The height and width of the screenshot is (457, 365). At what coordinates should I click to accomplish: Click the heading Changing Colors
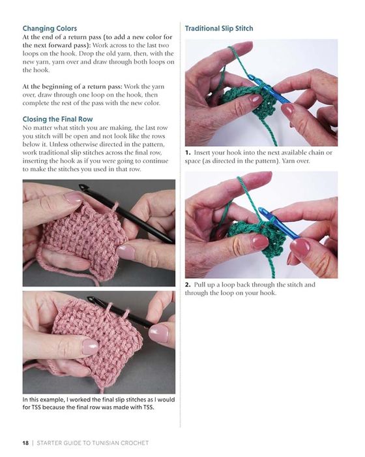click(50, 28)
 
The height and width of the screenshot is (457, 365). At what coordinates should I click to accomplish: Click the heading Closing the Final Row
click(57, 119)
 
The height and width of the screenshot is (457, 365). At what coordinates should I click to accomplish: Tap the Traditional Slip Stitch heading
click(219, 28)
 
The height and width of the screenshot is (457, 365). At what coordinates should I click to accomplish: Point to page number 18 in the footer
click(25, 443)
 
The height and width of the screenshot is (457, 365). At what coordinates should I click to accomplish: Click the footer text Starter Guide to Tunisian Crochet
click(93, 443)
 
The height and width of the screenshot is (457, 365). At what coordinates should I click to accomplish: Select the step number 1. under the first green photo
click(188, 153)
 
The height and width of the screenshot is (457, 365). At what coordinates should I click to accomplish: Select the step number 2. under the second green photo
click(188, 285)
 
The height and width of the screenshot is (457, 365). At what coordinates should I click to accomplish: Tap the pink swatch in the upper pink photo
click(85, 236)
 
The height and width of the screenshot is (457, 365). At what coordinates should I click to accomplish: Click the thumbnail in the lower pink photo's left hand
click(90, 347)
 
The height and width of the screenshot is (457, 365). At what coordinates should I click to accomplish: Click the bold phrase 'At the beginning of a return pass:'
click(73, 87)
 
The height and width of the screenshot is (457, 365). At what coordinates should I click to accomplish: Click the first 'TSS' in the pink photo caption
click(36, 407)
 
